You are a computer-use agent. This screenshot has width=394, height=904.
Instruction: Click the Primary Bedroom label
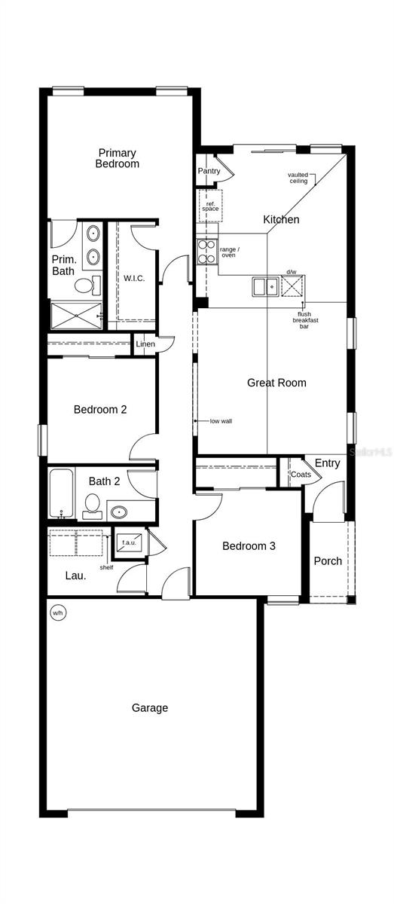[118, 158]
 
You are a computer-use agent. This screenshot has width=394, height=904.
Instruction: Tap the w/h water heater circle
[57, 612]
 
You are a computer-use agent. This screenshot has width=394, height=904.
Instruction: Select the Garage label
[150, 708]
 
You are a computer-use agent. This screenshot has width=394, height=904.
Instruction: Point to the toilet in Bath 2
[93, 505]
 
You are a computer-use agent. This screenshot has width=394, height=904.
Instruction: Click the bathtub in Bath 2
[62, 493]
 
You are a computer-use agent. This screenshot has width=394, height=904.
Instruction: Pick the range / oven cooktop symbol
[206, 251]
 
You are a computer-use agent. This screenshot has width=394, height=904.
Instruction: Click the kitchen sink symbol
[264, 286]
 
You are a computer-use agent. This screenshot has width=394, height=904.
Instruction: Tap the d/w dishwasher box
[292, 286]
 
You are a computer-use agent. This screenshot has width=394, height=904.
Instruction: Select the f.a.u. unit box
[127, 542]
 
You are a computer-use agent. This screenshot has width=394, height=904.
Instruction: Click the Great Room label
[276, 383]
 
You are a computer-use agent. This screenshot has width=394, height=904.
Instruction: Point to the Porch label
[328, 561]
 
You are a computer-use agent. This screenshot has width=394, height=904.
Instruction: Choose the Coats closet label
[301, 475]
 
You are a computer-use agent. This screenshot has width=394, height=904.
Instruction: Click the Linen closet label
[145, 344]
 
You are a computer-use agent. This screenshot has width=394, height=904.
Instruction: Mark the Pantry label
[209, 171]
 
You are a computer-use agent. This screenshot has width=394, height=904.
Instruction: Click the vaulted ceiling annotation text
[298, 178]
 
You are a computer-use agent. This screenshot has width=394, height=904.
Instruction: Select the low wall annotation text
[221, 421]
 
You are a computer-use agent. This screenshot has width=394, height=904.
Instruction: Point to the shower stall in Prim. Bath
[75, 315]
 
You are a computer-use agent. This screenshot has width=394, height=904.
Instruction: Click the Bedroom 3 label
[249, 546]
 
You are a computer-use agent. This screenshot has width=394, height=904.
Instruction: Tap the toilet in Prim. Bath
[86, 285]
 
